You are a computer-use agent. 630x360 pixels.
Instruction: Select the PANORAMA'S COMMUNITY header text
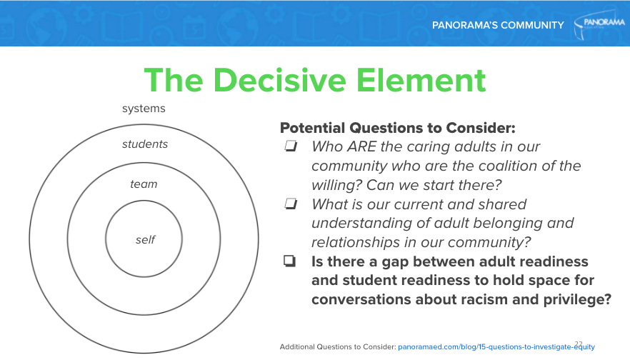[498, 26]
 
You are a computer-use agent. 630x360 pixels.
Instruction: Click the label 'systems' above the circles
[144, 109]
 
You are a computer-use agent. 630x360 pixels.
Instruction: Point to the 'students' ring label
[145, 144]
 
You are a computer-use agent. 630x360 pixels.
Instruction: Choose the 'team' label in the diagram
[144, 184]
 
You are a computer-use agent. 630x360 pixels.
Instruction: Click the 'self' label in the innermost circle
[145, 240]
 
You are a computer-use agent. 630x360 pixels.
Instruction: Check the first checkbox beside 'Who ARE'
[290, 147]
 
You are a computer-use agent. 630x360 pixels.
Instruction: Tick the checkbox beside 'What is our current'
[290, 204]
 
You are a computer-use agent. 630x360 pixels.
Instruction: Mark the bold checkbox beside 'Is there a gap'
[290, 262]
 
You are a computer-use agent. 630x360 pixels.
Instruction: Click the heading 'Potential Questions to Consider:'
[397, 129]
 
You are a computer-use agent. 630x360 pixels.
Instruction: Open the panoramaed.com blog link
[495, 346]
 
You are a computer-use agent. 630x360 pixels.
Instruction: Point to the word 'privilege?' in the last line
[576, 300]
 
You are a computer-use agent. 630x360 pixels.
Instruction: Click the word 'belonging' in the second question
[533, 223]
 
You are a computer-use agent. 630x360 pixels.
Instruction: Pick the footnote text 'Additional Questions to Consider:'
[337, 346]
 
